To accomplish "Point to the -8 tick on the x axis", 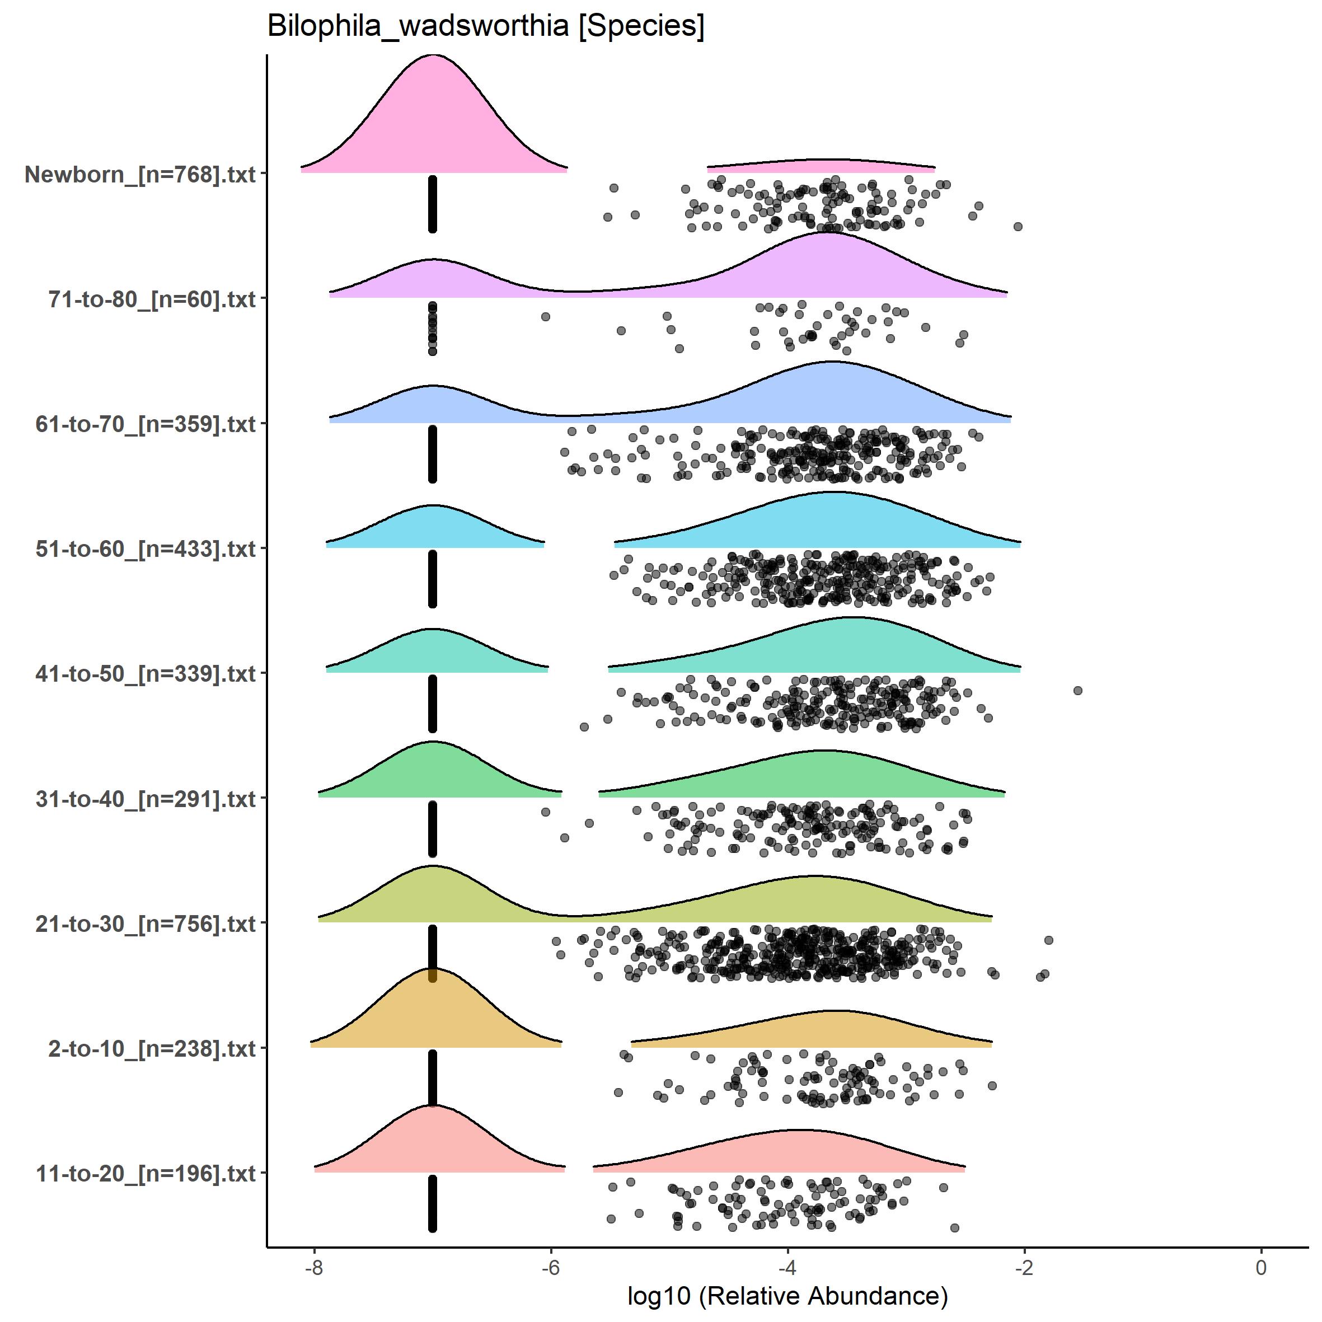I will pyautogui.click(x=314, y=1267).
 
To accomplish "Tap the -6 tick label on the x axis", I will pyautogui.click(x=551, y=1267).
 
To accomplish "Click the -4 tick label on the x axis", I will pyautogui.click(x=787, y=1267).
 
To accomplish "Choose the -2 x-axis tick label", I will pyautogui.click(x=1024, y=1267).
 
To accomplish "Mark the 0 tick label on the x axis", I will pyautogui.click(x=1261, y=1267).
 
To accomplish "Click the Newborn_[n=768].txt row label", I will pyautogui.click(x=140, y=175).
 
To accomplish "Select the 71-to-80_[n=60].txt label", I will pyautogui.click(x=152, y=299).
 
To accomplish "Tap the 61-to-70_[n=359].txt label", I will pyautogui.click(x=146, y=424).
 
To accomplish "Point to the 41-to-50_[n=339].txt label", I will pyautogui.click(x=146, y=674).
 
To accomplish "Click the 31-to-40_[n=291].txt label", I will pyautogui.click(x=146, y=799).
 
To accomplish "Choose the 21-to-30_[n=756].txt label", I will pyautogui.click(x=146, y=923).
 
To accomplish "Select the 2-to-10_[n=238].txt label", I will pyautogui.click(x=152, y=1048).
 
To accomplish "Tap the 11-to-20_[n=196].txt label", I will pyautogui.click(x=146, y=1174).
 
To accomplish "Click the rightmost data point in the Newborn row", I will pyautogui.click(x=1018, y=227).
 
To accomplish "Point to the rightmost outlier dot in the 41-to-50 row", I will pyautogui.click(x=1078, y=691).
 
